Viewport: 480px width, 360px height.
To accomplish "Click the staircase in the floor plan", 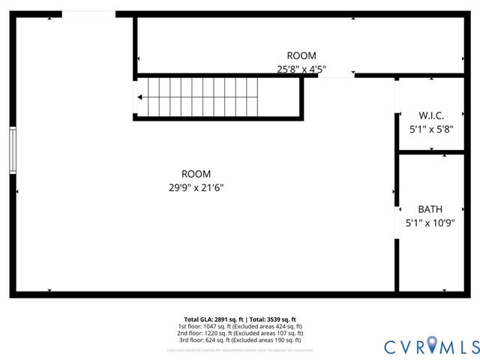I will [217, 97].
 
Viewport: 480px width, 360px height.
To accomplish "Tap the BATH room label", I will [430, 209].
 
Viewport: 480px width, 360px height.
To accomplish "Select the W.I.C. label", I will [431, 115].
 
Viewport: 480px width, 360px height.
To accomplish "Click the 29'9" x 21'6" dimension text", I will [196, 188].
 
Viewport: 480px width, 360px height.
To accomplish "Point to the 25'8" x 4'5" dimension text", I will [301, 70].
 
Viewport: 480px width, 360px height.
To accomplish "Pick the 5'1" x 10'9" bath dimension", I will [430, 223].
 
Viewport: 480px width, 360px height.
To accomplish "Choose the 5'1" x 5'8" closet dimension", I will [431, 129].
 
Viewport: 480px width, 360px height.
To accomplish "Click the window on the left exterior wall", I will [12, 150].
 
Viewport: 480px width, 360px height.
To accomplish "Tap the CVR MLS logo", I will [431, 346].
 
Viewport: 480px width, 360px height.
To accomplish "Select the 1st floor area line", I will [240, 326].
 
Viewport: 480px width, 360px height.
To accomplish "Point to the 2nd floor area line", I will [240, 333].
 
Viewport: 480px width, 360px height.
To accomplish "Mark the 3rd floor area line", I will [240, 340].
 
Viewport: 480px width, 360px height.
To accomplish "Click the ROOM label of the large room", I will [196, 174].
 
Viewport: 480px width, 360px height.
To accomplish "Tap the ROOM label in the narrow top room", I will [301, 55].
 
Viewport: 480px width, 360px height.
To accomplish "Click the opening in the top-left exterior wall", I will [88, 13].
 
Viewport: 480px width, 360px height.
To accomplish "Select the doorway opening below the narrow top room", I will [337, 75].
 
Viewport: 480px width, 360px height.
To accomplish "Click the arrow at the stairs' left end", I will [139, 97].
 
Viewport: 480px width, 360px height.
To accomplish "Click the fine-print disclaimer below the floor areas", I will [240, 350].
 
